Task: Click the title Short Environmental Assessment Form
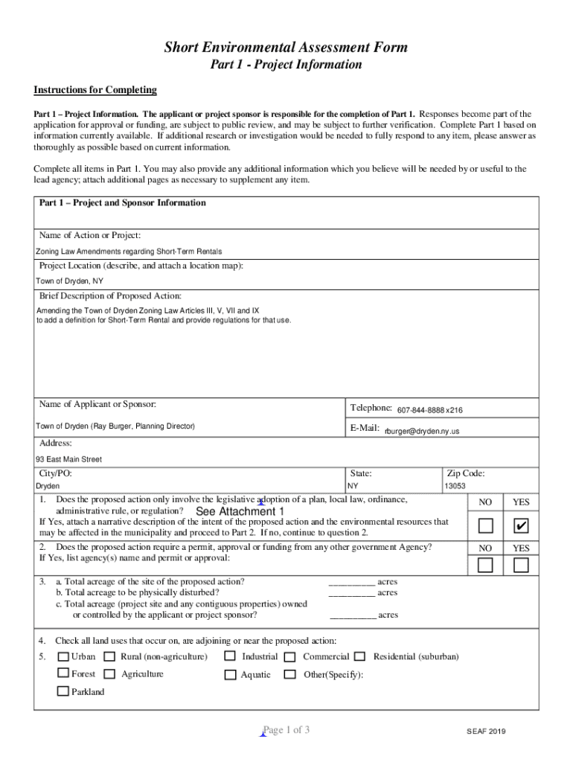point(286,48)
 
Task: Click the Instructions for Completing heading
point(95,90)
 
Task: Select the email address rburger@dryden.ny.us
point(421,431)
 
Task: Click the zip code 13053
point(455,486)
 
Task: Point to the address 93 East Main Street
point(69,459)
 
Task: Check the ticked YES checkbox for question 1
point(521,527)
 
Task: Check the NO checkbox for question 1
point(485,527)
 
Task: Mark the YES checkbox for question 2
point(521,566)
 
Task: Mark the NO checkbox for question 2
point(485,566)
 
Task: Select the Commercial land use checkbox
point(289,657)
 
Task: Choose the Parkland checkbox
point(63,691)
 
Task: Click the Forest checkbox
point(63,674)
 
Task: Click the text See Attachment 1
point(240,512)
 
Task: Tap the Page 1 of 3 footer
point(286,730)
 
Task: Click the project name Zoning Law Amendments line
point(129,252)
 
